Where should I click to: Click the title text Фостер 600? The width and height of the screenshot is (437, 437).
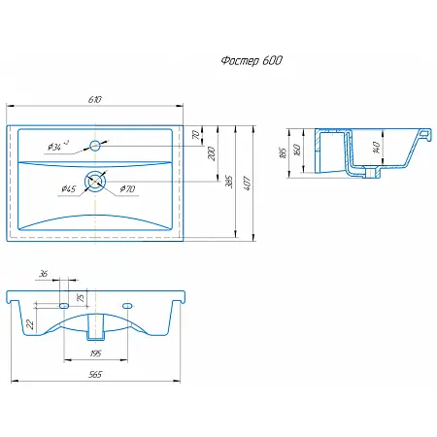click(252, 60)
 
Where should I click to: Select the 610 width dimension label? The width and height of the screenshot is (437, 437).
click(95, 99)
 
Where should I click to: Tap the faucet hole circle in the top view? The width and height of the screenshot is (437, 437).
click(95, 146)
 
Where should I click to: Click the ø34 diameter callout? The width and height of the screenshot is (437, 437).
click(58, 146)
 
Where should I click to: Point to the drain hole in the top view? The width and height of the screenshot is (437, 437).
click(95, 182)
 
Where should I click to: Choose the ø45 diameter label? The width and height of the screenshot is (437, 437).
click(69, 188)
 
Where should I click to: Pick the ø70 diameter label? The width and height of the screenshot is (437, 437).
click(127, 188)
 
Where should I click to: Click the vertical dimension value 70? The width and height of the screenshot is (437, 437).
click(196, 135)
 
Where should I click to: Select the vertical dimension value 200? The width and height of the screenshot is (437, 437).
click(212, 153)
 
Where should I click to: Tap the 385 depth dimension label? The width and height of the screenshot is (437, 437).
click(229, 182)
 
